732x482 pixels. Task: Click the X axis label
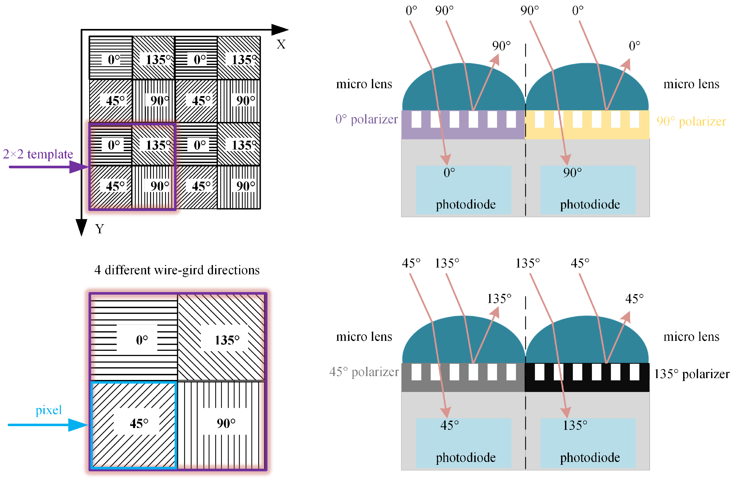click(281, 44)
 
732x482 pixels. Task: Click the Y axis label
click(99, 229)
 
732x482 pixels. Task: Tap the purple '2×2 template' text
click(38, 154)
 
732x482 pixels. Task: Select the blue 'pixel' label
click(49, 410)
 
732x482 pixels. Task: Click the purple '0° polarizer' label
click(366, 119)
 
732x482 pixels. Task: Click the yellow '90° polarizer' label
click(691, 121)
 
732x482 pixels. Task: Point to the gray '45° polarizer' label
click(364, 372)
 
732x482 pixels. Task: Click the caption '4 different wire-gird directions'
click(177, 270)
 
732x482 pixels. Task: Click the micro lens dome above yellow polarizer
click(587, 89)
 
